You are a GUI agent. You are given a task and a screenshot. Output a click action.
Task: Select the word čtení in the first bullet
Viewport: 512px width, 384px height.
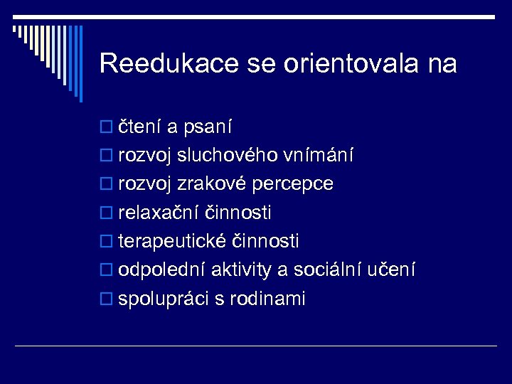click(x=139, y=127)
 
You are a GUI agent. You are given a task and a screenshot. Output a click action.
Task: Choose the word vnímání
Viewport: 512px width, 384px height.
click(x=320, y=156)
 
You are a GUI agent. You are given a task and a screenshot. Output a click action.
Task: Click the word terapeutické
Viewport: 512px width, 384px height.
click(x=173, y=242)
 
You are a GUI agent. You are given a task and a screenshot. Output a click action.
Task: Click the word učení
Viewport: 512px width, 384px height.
click(x=394, y=270)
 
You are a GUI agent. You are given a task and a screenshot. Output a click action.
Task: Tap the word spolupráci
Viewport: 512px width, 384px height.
click(x=164, y=299)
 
